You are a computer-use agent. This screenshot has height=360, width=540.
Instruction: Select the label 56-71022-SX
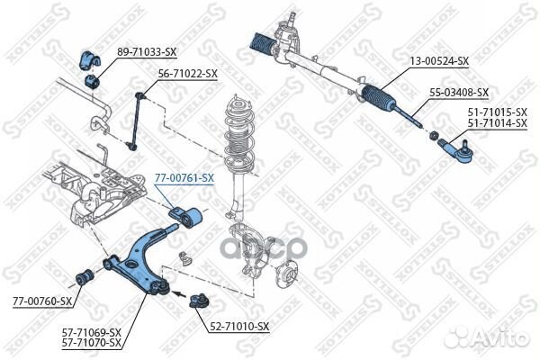point(188,73)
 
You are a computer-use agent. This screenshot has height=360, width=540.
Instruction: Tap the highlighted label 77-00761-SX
point(184,178)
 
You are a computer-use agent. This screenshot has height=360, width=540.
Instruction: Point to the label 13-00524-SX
point(439,61)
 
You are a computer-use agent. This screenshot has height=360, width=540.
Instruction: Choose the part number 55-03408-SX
point(458,92)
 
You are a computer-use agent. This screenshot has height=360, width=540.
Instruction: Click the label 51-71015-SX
point(497,112)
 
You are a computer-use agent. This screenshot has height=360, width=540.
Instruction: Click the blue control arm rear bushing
point(189,217)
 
